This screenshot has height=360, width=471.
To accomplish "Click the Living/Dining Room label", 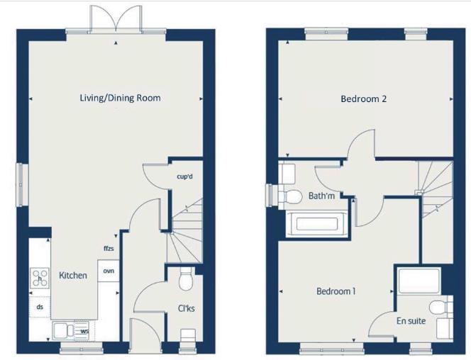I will coord(120,99).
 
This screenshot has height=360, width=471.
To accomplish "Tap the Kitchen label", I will coord(73,275).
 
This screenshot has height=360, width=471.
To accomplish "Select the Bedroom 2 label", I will coord(363,99).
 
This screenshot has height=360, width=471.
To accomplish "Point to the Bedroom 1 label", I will coord(336,291).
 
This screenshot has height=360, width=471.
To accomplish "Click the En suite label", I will coord(411,321).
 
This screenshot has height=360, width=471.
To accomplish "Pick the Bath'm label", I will coord(321,196).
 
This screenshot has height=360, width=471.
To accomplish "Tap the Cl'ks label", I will coord(188,308).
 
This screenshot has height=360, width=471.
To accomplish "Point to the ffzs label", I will coord(108,249).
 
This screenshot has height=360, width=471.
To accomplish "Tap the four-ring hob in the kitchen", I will coord(38,278).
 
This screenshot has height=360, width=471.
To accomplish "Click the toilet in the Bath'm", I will coord(292,196).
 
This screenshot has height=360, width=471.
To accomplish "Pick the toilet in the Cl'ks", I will coord(187,279).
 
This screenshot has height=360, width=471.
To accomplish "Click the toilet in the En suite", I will coord(441,307).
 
